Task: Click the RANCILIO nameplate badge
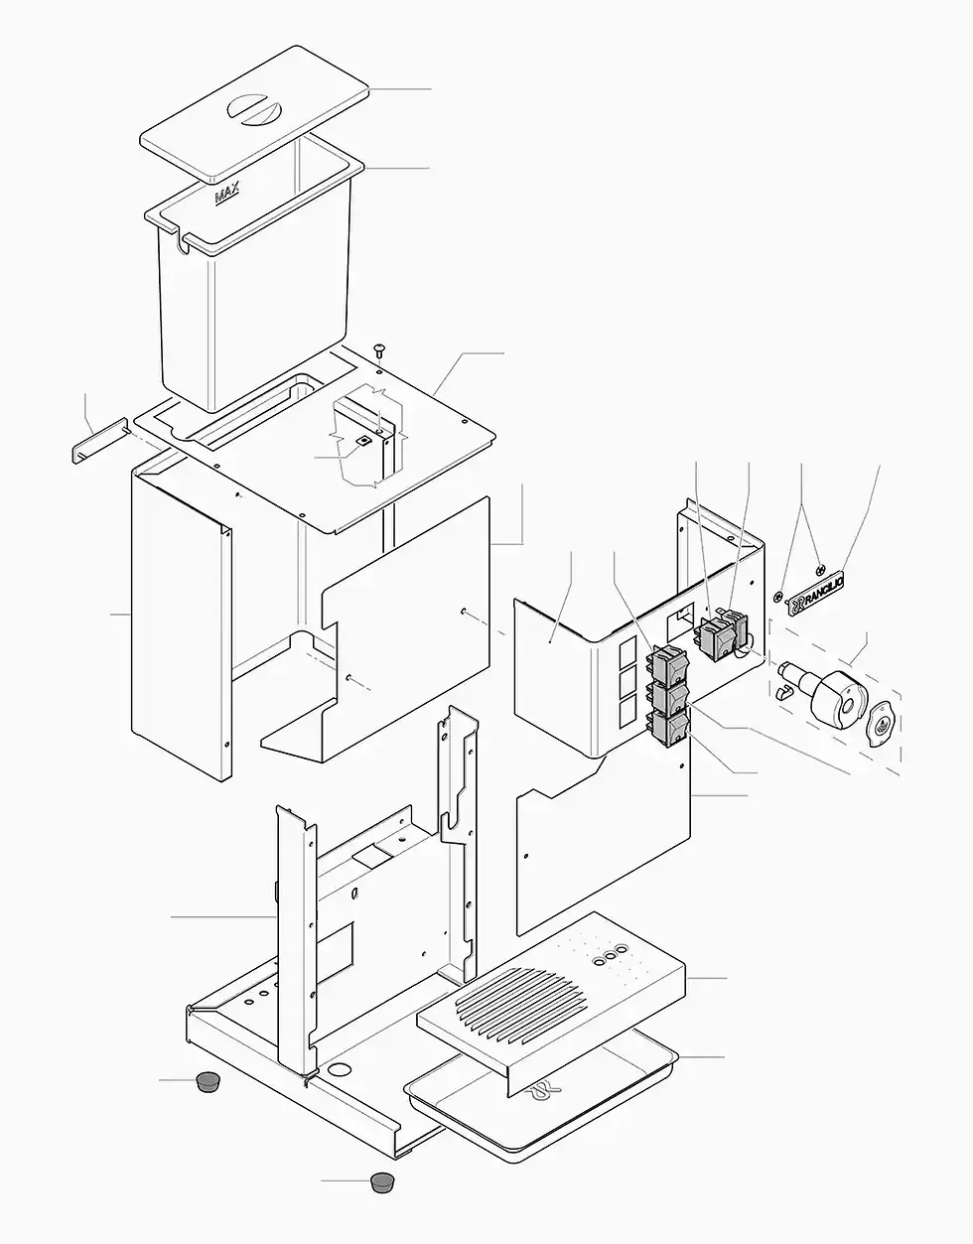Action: point(816,593)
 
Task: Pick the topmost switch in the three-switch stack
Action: point(667,664)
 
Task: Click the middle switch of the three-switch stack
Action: point(668,697)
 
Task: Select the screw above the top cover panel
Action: point(380,348)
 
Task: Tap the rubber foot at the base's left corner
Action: point(207,1081)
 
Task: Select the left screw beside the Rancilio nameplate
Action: point(779,597)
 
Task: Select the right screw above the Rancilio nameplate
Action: point(820,570)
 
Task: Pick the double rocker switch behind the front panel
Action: point(722,633)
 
